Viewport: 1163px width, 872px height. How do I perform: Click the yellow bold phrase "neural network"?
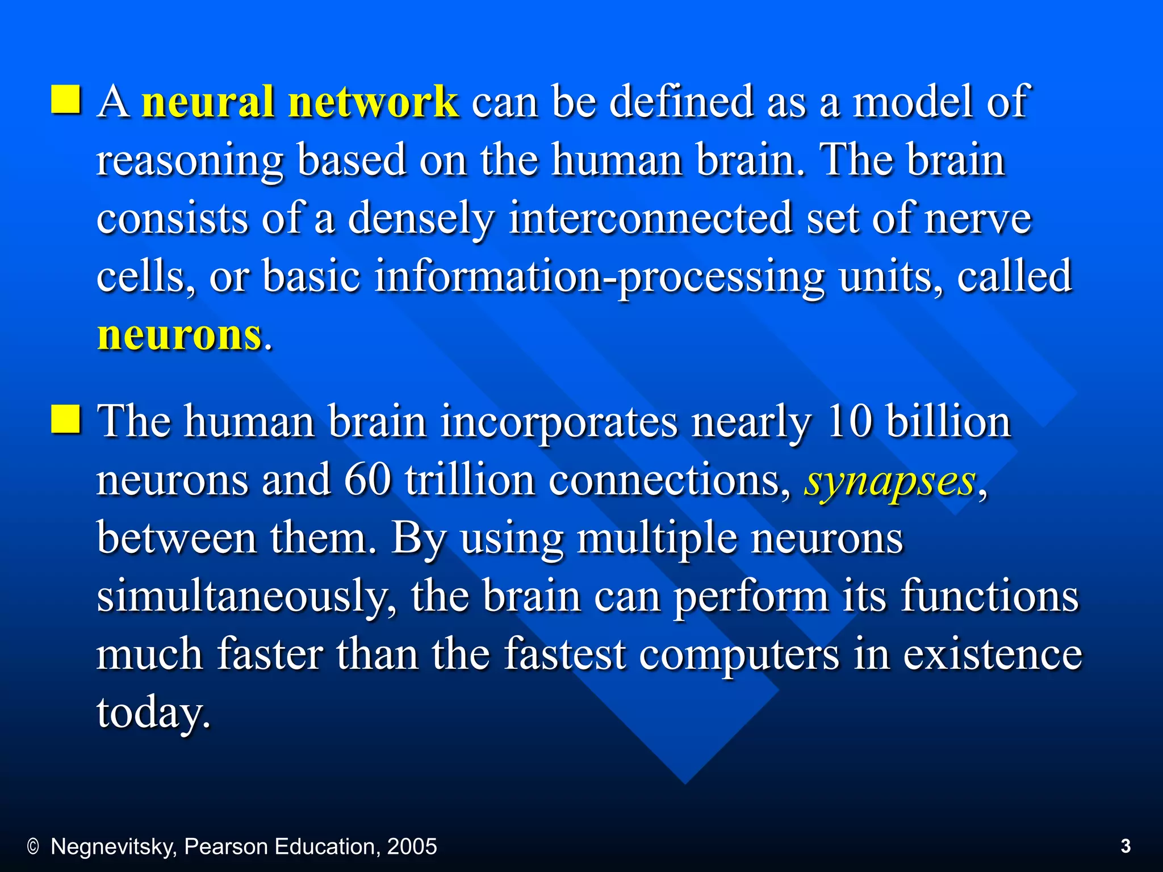(x=300, y=102)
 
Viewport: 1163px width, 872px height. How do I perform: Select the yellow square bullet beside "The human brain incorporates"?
(x=66, y=420)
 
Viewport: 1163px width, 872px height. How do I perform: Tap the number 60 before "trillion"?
(x=367, y=481)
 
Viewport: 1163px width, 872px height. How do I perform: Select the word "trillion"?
(x=470, y=481)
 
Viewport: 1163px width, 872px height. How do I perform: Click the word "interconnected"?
(x=651, y=219)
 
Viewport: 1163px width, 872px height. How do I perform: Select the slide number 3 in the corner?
(x=1126, y=846)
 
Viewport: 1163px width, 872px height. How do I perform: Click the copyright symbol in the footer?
(x=33, y=847)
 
